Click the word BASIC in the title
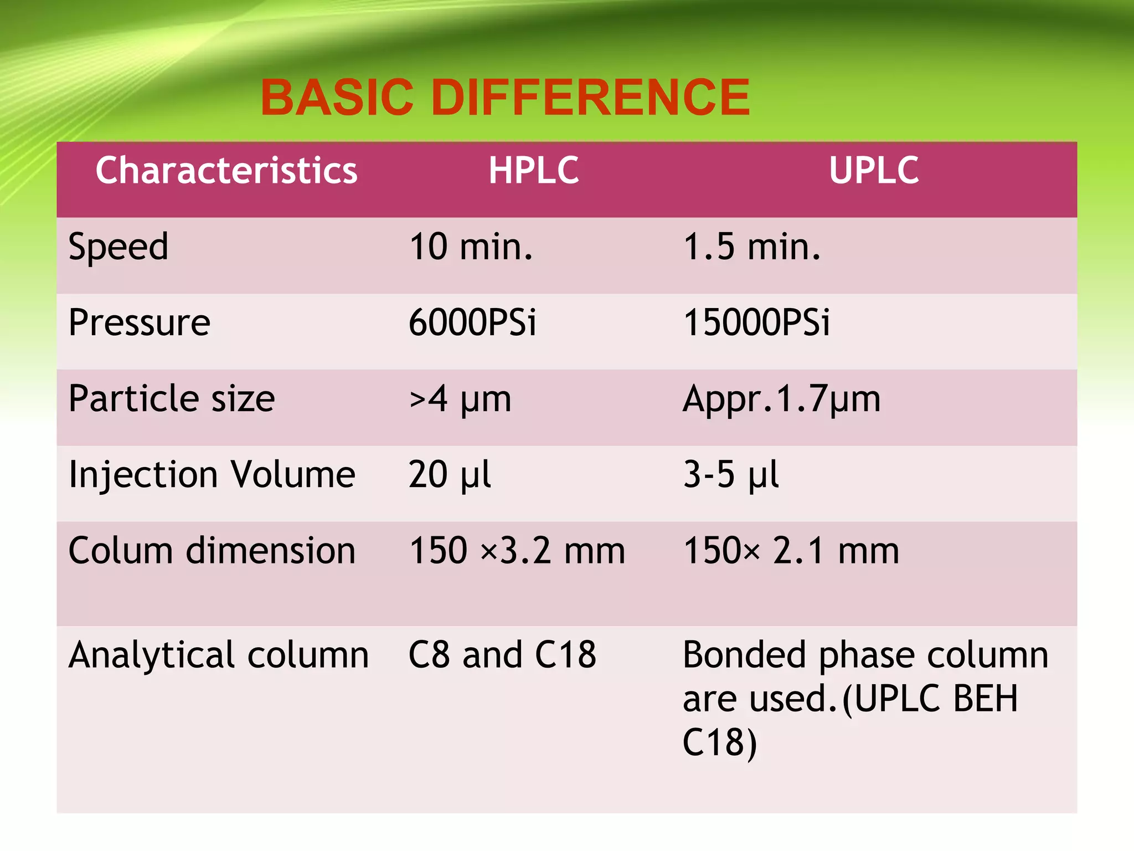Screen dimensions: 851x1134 (337, 98)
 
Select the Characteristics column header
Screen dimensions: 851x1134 (226, 170)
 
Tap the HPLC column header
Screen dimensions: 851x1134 (534, 170)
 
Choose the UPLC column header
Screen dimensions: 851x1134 (874, 170)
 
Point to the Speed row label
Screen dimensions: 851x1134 (118, 247)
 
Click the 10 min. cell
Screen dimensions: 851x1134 (471, 247)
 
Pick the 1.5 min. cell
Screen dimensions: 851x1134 (752, 247)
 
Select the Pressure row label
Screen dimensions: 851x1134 (140, 322)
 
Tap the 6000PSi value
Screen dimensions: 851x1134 (472, 322)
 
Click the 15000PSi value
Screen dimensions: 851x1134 (756, 322)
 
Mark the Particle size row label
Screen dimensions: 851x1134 (172, 398)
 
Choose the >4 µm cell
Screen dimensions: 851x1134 (460, 399)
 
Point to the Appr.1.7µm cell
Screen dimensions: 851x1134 (781, 399)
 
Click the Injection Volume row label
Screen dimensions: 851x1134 (212, 475)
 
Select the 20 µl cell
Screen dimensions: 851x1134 (450, 475)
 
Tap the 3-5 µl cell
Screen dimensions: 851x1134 (731, 475)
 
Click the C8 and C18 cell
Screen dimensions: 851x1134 (502, 655)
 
